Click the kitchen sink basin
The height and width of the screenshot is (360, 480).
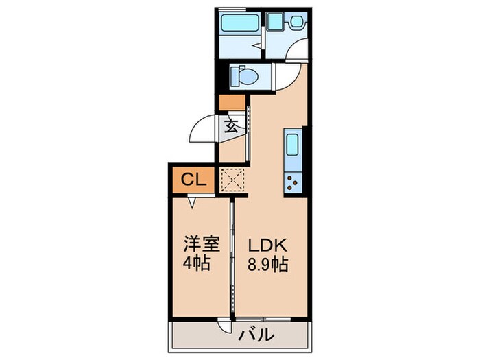[291, 146]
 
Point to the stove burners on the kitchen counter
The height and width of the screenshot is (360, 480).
[291, 182]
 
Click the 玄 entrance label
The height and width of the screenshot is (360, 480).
[231, 126]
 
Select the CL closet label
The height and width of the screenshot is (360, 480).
[193, 180]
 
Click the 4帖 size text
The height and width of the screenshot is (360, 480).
[196, 263]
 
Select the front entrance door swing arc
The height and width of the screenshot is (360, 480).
[204, 129]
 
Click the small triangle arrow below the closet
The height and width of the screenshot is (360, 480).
[193, 203]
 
